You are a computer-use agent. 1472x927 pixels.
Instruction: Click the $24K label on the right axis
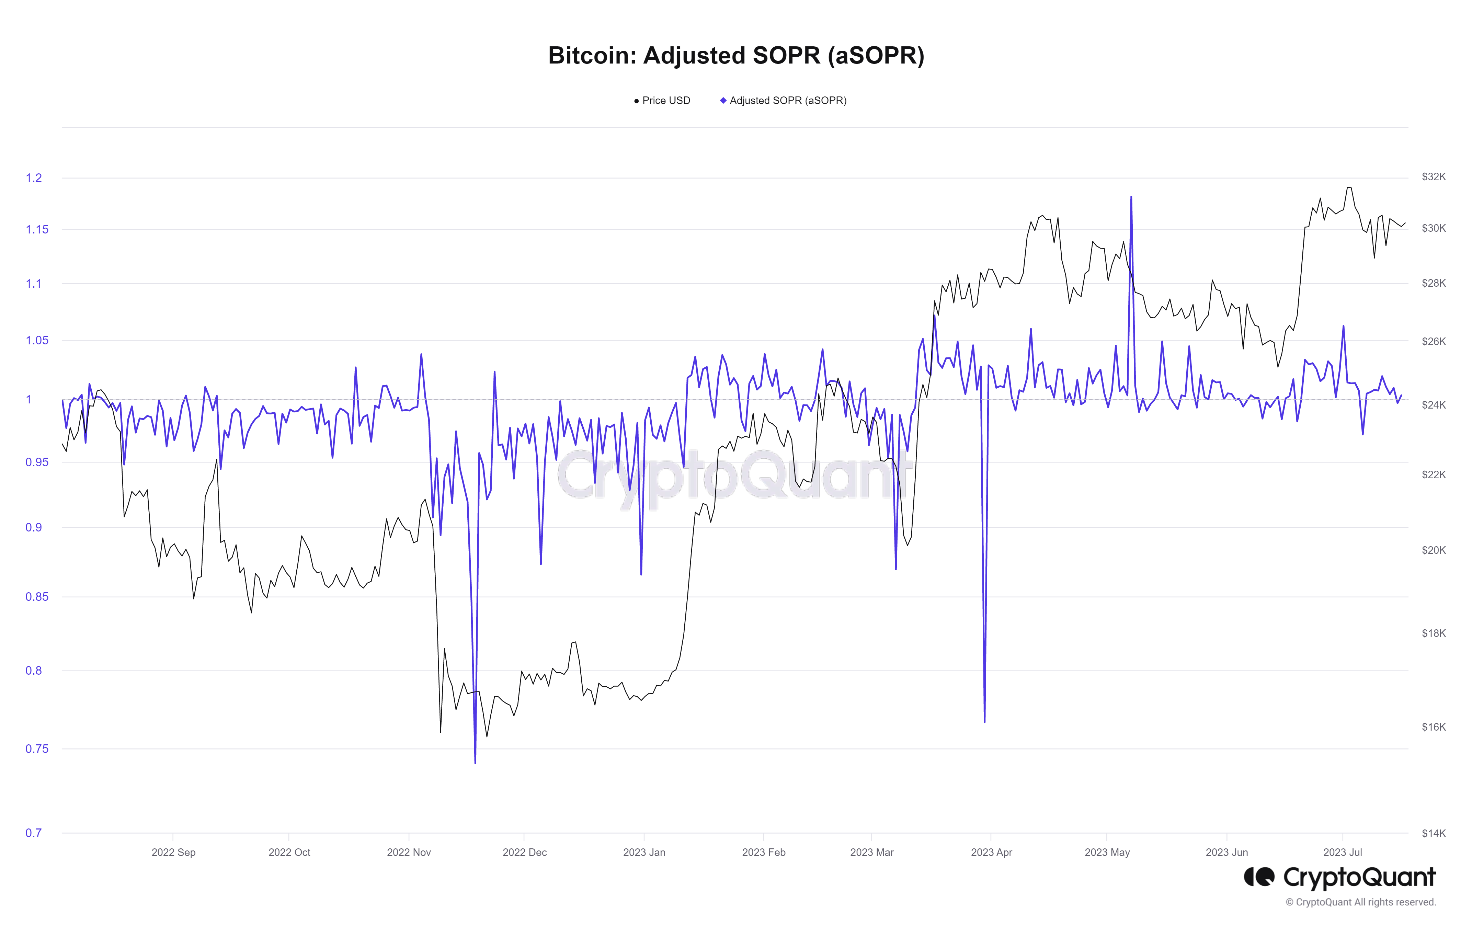(x=1434, y=405)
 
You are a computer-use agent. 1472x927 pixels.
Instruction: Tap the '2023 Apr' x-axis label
(x=991, y=852)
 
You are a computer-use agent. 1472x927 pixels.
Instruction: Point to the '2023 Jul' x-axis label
(x=1343, y=852)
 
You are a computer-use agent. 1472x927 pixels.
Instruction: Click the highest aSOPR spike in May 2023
(x=1131, y=197)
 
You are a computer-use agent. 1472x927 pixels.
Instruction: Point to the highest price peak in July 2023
(x=1348, y=187)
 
